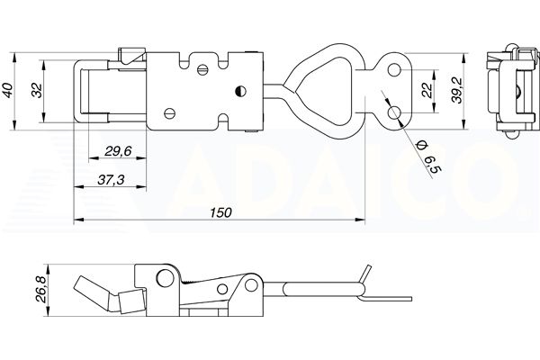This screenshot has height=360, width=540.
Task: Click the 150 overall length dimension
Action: pyautogui.click(x=220, y=212)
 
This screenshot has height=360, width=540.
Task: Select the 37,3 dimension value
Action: pyautogui.click(x=111, y=179)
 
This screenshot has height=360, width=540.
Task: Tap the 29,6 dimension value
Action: pyautogui.click(x=118, y=151)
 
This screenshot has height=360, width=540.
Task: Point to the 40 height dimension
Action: pyautogui.click(x=8, y=91)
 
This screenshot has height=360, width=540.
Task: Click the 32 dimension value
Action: pyautogui.click(x=37, y=91)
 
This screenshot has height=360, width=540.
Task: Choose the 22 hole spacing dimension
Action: pyautogui.click(x=427, y=91)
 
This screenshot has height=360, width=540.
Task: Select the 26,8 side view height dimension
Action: pyautogui.click(x=41, y=290)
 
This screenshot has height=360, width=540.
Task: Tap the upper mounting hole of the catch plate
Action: pyautogui.click(x=394, y=70)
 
